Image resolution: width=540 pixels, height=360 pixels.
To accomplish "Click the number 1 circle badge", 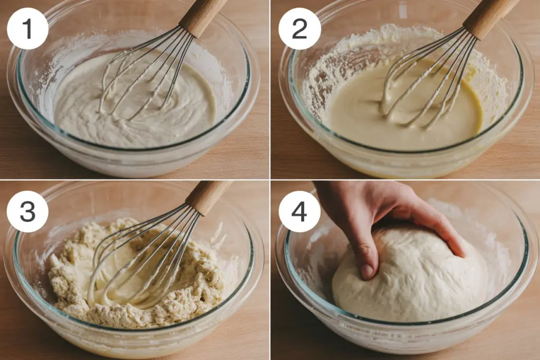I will pos(27,29).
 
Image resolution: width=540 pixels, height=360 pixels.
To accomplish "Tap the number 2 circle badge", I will pos(300,29).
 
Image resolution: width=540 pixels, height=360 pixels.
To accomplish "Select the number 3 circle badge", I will pos(27,211).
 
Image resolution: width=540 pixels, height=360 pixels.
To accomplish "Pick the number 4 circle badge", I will pos(300,211).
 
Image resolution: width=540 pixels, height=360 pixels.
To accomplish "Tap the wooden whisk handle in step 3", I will pos(208,196).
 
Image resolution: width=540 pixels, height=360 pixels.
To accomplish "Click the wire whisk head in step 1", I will pos(145,74).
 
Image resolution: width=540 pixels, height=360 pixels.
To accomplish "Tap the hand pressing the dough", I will pos(385,211).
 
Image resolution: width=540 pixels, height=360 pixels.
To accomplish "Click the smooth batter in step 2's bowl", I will pos(369,121).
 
